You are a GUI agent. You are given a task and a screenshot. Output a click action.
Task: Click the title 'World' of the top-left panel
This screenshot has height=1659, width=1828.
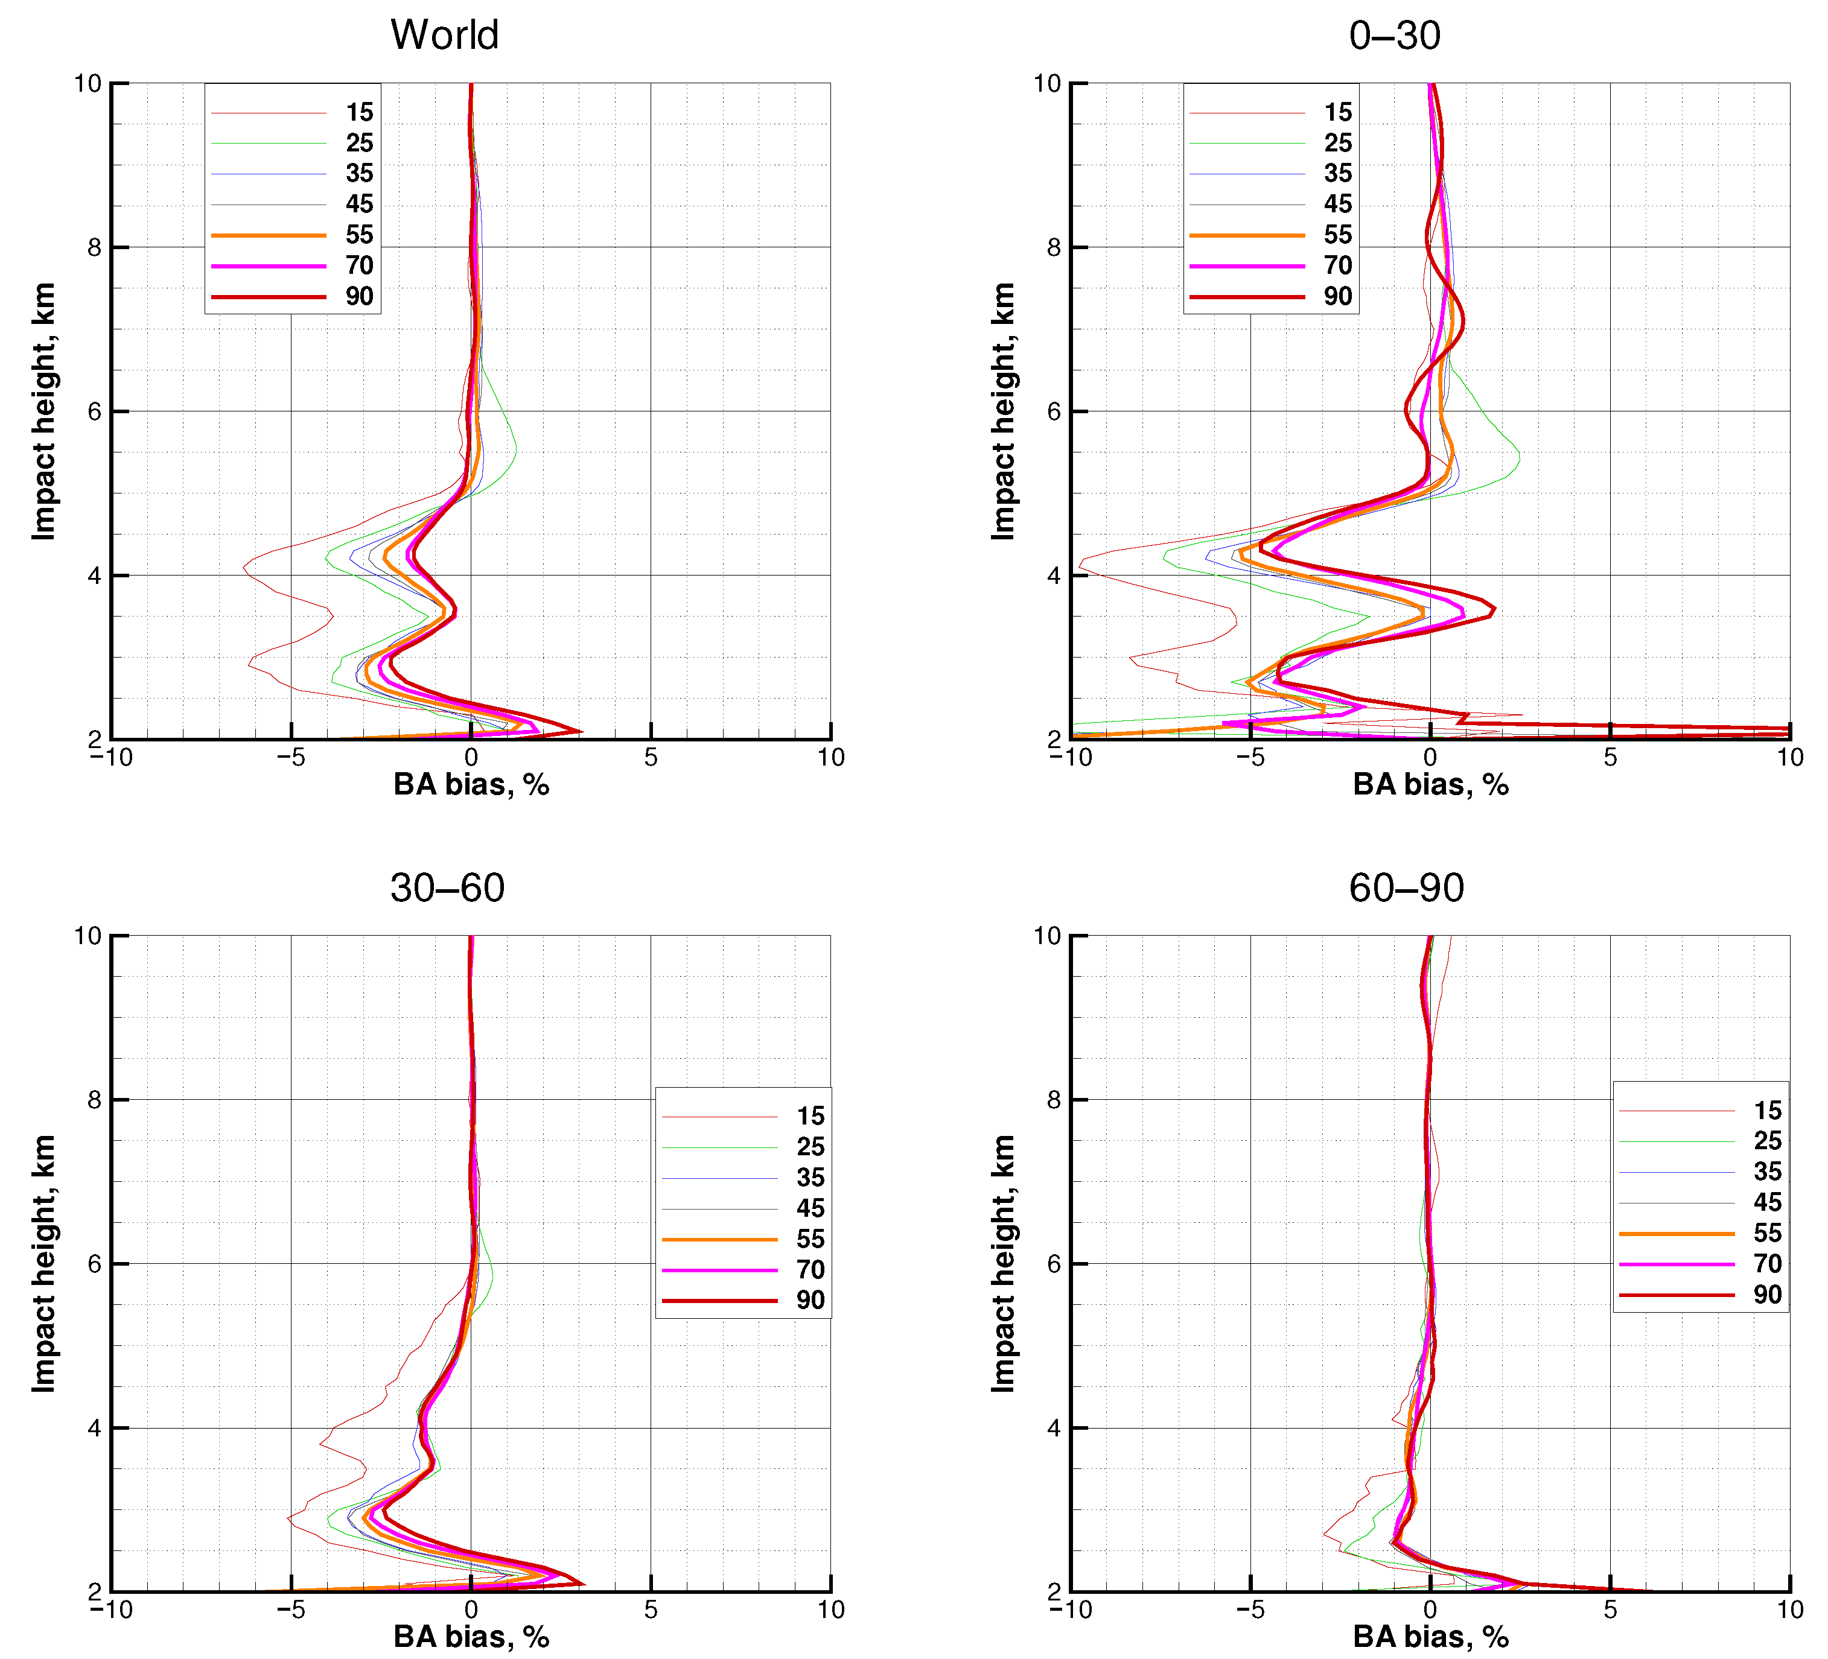(444, 36)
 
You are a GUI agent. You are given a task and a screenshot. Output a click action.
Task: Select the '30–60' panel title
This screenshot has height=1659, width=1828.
(447, 887)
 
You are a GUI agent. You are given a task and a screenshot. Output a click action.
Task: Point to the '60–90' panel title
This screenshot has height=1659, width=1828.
(1406, 887)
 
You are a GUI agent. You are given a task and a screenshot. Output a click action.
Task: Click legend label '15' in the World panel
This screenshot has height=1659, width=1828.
(359, 112)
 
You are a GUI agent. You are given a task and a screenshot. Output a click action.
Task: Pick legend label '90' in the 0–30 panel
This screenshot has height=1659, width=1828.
(1337, 296)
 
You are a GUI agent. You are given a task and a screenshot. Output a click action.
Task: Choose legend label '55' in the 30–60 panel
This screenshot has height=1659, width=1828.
(810, 1239)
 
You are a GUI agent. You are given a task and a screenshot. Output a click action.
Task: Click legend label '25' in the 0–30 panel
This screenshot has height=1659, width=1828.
(1337, 143)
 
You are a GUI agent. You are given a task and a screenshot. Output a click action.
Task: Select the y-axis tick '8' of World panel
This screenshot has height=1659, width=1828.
(94, 247)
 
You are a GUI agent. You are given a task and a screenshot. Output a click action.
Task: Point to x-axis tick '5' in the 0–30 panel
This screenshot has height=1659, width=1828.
(1610, 758)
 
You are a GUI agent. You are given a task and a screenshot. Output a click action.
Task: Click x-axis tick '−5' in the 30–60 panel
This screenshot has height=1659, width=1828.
(290, 1610)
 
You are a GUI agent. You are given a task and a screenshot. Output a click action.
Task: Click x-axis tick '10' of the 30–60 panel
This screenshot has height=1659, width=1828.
(830, 1610)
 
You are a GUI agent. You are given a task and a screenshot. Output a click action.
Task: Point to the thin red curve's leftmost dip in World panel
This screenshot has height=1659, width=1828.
(244, 568)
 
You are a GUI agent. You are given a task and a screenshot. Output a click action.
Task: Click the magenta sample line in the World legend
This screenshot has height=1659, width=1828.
(269, 265)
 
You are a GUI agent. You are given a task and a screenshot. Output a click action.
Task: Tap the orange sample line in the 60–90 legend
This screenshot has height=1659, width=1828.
(1676, 1233)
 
